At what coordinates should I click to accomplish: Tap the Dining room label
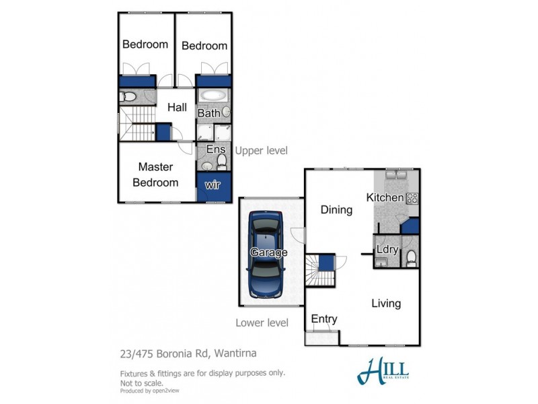pos(336,209)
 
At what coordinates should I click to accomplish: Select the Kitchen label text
pos(384,197)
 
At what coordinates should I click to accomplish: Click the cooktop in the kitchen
pos(412,198)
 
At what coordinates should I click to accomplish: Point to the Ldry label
pos(387,250)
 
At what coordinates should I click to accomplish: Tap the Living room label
pos(386,303)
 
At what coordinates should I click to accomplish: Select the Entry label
pos(324,318)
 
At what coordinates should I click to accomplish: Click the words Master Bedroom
pos(155,174)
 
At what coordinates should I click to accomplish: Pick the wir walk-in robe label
pos(213,184)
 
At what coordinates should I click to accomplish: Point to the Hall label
pos(177,107)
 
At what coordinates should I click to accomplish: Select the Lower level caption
pos(262,323)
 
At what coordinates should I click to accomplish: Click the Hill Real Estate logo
pos(383,370)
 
